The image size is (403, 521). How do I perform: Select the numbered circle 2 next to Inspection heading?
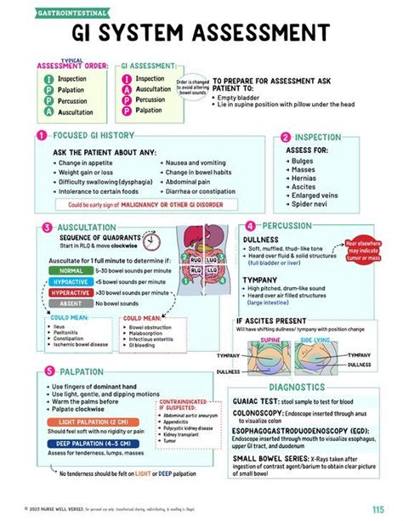click(287, 136)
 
